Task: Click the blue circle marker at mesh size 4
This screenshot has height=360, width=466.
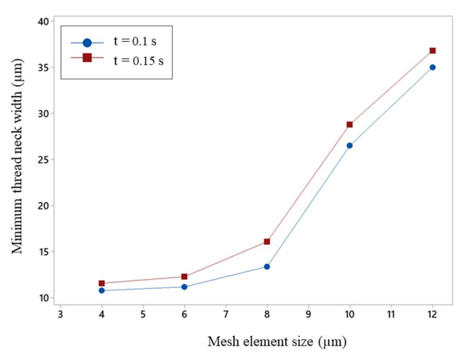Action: click(101, 290)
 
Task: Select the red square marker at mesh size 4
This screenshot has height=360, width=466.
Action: click(101, 283)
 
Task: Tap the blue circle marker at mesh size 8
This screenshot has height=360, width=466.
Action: click(267, 267)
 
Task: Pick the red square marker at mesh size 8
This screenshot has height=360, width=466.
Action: click(267, 241)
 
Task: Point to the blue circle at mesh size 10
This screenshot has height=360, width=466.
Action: click(349, 146)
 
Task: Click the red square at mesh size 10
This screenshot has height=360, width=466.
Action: click(349, 125)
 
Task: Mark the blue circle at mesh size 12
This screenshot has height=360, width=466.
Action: click(432, 67)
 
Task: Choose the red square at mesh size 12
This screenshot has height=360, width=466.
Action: click(432, 51)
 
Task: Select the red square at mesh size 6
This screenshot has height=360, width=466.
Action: click(184, 276)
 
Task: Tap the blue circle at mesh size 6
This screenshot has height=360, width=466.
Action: click(184, 287)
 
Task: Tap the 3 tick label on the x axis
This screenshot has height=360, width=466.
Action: click(61, 314)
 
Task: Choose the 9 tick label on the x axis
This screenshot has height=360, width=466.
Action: click(308, 314)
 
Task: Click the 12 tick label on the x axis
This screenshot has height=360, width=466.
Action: click(432, 314)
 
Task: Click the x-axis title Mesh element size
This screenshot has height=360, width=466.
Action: click(277, 342)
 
